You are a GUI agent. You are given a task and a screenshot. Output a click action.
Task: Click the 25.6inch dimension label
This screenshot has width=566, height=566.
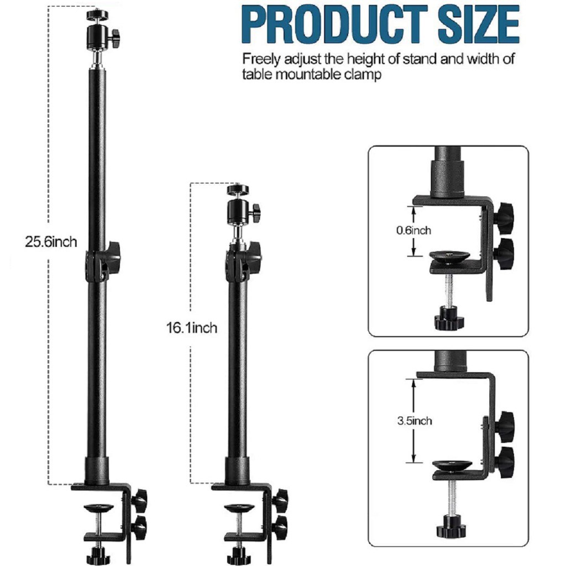click(51, 242)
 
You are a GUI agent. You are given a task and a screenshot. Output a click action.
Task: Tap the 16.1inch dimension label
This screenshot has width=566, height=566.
click(192, 328)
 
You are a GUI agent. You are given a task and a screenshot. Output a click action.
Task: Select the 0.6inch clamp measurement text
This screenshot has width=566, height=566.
click(413, 230)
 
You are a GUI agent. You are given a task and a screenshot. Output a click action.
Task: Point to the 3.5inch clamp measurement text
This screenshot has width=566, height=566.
click(415, 421)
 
